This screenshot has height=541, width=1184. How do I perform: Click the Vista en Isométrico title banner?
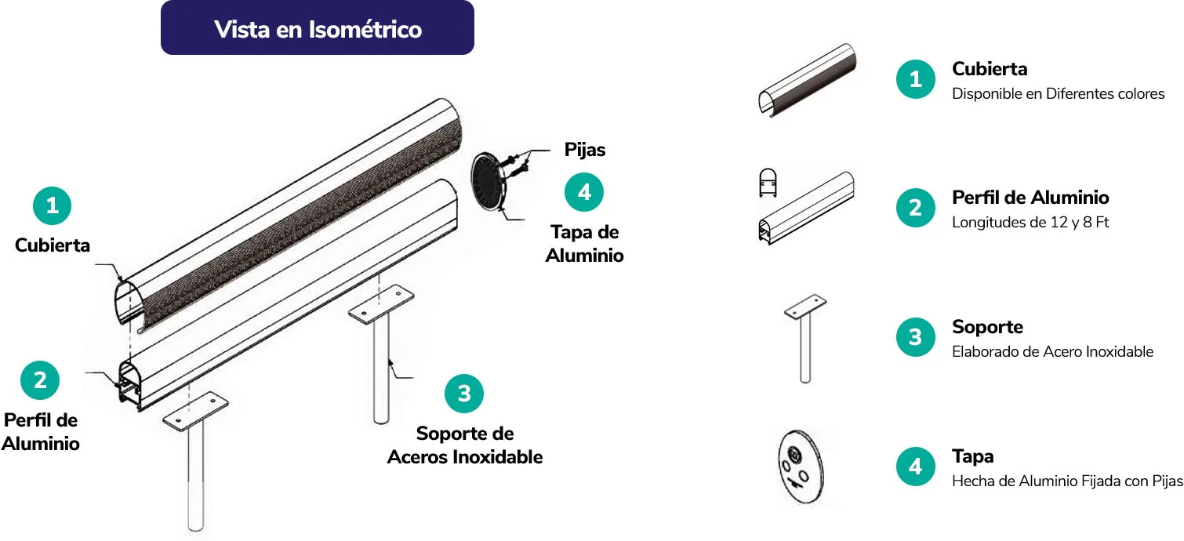click(x=318, y=28)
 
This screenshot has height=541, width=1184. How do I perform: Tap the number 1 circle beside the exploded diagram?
click(x=53, y=206)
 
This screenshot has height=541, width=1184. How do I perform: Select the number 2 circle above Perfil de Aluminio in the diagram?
click(x=40, y=380)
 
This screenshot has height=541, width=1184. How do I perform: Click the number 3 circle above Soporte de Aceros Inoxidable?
click(x=464, y=394)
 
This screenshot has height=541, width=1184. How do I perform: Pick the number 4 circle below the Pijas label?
click(x=584, y=191)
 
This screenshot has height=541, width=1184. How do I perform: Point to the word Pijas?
click(x=585, y=149)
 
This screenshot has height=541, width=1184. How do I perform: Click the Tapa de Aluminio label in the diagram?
click(x=585, y=244)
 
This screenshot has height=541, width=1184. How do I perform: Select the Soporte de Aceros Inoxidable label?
click(x=465, y=445)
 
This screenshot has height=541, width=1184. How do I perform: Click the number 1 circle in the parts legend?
click(x=915, y=79)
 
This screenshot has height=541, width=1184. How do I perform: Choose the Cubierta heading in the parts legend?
click(x=990, y=69)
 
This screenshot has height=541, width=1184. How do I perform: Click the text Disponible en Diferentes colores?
click(x=1058, y=94)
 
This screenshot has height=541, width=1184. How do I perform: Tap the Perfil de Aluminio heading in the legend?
click(x=1030, y=198)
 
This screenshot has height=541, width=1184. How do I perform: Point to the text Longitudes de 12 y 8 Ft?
click(x=1030, y=223)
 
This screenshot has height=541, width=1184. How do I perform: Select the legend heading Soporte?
click(x=987, y=327)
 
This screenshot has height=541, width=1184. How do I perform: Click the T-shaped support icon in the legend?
click(x=805, y=338)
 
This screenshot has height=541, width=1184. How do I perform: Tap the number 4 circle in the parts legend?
click(x=915, y=467)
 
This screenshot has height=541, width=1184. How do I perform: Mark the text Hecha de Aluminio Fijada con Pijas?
click(x=1067, y=481)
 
